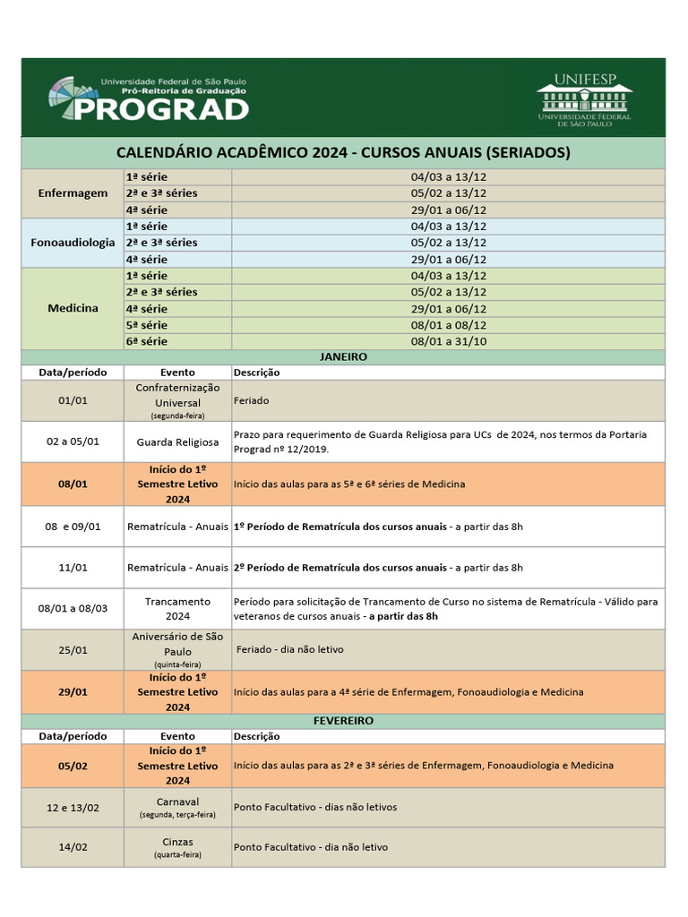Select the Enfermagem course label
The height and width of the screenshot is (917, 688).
pyautogui.click(x=73, y=193)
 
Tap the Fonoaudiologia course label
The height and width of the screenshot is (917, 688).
pyautogui.click(x=73, y=243)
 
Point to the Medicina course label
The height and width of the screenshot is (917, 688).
pyautogui.click(x=73, y=308)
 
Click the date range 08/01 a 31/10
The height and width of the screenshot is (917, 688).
pyautogui.click(x=448, y=341)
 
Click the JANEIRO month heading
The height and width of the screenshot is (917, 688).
pyautogui.click(x=343, y=356)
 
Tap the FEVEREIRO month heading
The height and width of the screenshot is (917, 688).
pyautogui.click(x=343, y=720)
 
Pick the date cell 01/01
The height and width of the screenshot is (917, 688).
pyautogui.click(x=73, y=401)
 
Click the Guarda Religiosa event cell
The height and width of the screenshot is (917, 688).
pyautogui.click(x=177, y=442)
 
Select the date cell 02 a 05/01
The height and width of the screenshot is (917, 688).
pyautogui.click(x=73, y=442)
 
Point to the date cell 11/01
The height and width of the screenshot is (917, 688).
pyautogui.click(x=73, y=568)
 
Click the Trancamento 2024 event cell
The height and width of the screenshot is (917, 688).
pyautogui.click(x=177, y=609)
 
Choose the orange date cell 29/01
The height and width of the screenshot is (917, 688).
pyautogui.click(x=73, y=691)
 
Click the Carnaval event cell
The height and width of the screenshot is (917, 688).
pyautogui.click(x=177, y=807)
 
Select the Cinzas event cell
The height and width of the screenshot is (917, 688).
pyautogui.click(x=177, y=847)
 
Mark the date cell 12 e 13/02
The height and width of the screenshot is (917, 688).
pyautogui.click(x=73, y=807)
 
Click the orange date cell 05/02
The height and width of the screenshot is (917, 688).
pyautogui.click(x=73, y=766)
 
